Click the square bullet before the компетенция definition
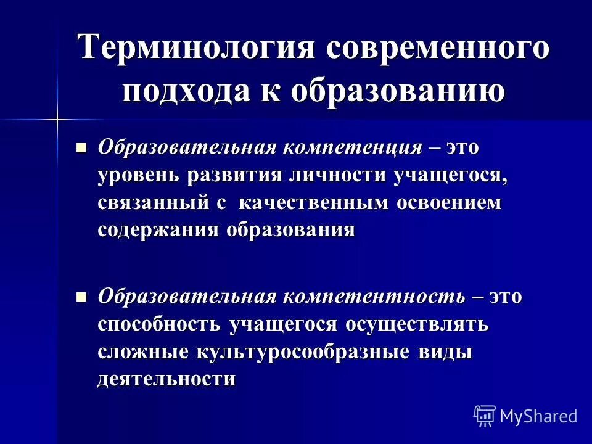80,148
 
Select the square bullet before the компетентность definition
80,297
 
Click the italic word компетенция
353,148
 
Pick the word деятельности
166,378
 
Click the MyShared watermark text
538,416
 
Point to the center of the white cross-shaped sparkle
57,118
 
